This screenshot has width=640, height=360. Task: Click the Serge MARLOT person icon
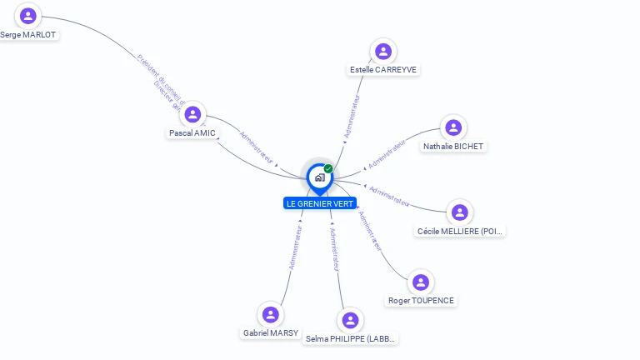(28, 16)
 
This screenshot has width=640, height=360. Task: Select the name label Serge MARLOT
(28, 35)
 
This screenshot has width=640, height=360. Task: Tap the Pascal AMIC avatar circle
(192, 114)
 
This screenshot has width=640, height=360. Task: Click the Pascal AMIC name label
(192, 133)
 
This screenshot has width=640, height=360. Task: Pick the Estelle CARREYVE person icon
(383, 52)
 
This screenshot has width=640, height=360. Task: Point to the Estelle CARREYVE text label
(383, 70)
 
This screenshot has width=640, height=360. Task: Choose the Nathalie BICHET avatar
(453, 127)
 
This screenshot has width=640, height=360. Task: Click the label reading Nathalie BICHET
(453, 147)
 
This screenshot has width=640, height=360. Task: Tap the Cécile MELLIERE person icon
(460, 212)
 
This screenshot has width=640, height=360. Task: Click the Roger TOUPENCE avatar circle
(421, 282)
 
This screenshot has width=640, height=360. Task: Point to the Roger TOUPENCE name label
(422, 301)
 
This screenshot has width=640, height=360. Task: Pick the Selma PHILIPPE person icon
(351, 321)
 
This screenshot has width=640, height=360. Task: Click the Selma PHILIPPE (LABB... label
(351, 339)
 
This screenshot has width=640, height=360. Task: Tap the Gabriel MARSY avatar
(270, 315)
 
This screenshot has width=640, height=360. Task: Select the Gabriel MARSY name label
(271, 333)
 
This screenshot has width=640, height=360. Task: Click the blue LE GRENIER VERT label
(320, 203)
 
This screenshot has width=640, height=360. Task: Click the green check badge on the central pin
(328, 169)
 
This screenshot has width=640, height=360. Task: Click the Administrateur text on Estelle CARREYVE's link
(352, 116)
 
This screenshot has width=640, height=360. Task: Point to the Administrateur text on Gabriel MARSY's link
(295, 244)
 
